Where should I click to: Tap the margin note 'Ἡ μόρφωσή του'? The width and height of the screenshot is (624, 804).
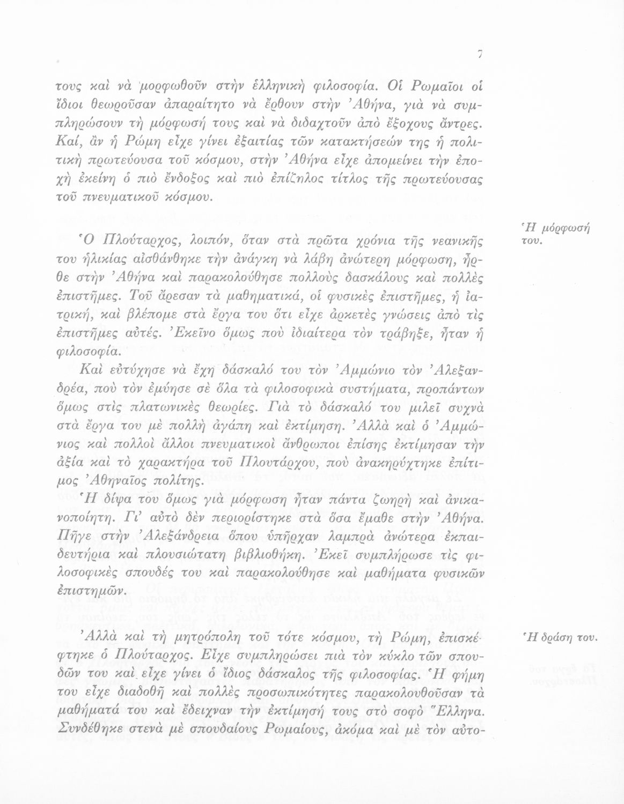(x=552, y=234)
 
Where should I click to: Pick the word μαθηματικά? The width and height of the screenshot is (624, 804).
(x=232, y=295)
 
